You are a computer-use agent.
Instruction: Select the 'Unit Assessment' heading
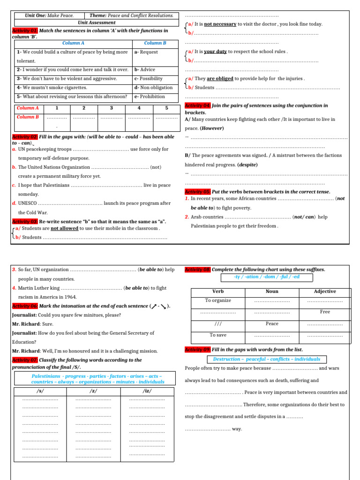pos(97,22)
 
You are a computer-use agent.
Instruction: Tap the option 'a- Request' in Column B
pos(146,52)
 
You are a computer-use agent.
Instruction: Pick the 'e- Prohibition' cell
pos(150,97)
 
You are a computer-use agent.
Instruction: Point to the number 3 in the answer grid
pos(112,108)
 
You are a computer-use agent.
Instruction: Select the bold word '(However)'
pos(211,128)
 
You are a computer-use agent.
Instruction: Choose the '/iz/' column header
pos(147,390)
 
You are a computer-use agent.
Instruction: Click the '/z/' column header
pos(93,390)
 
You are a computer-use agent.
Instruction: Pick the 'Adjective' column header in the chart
pos(325,291)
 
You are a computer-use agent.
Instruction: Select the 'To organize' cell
pos(218,300)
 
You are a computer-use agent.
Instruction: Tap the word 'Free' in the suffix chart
pos(325,312)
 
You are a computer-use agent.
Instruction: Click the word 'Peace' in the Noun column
pos(271,323)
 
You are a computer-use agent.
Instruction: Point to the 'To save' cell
pos(218,335)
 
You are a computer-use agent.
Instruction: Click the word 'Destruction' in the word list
pos(227,359)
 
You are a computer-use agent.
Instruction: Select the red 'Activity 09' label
pos(198,350)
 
